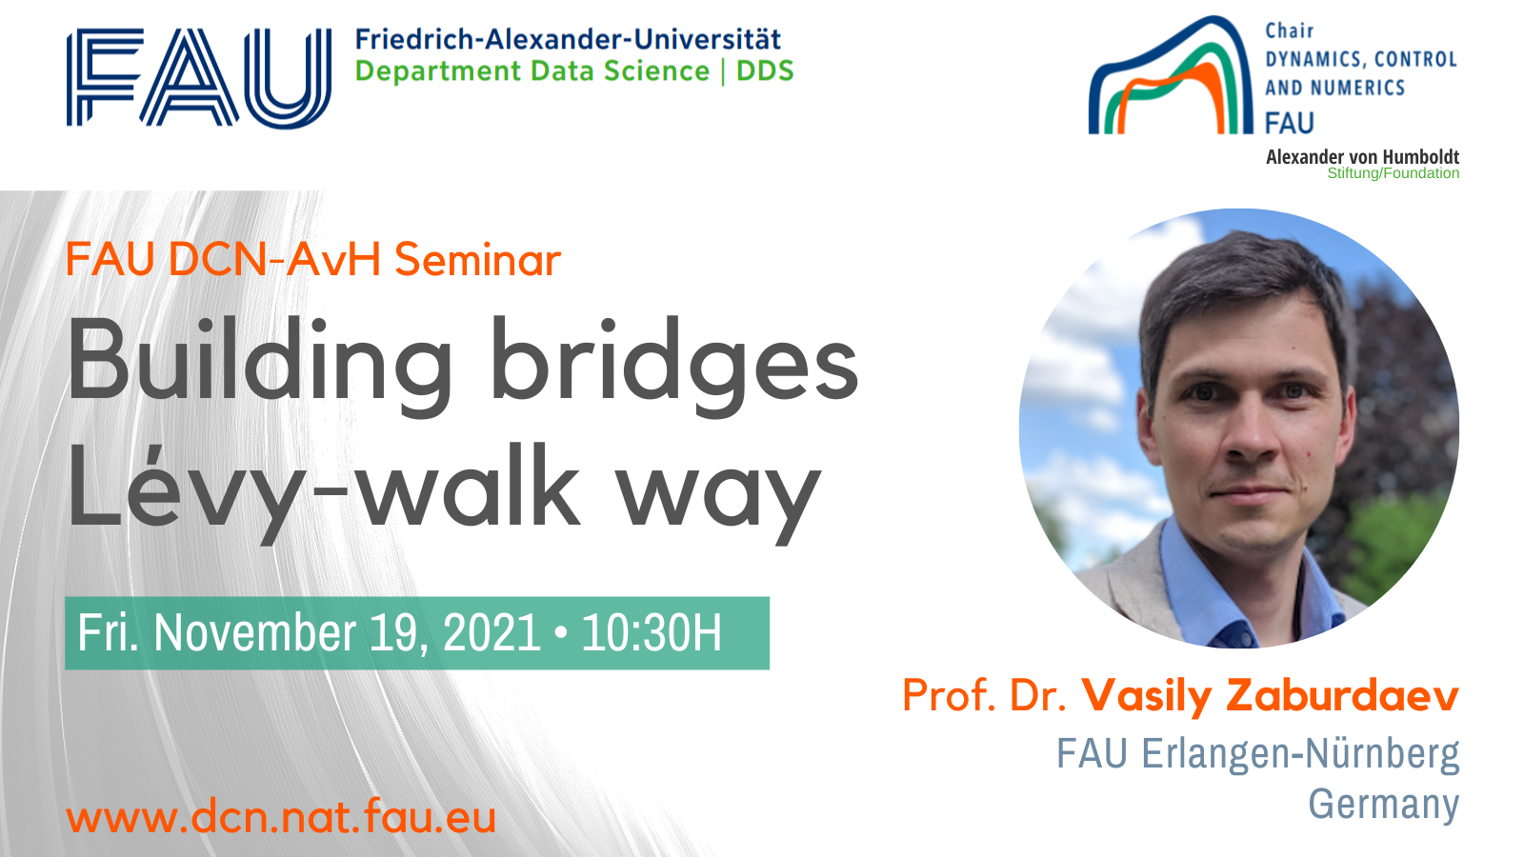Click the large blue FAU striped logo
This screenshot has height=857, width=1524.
(x=199, y=77)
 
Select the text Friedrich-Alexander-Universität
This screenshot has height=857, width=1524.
(x=568, y=39)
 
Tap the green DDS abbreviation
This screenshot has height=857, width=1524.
(x=766, y=70)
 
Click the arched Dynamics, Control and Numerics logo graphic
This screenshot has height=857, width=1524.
(x=1171, y=75)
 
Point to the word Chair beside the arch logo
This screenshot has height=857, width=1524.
(x=1290, y=30)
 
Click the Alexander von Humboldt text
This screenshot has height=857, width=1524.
(x=1362, y=157)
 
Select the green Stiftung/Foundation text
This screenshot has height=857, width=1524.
(x=1393, y=173)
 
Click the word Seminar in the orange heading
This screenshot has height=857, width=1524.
(x=477, y=260)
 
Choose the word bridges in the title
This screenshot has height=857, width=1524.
(x=674, y=365)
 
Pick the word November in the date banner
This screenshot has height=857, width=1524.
(x=255, y=633)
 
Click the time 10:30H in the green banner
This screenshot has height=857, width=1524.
(x=652, y=633)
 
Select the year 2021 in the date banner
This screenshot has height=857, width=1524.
(x=491, y=633)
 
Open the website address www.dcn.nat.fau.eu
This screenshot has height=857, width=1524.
(x=281, y=817)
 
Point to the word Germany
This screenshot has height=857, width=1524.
(x=1384, y=804)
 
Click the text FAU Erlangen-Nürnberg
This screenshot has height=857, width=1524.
(x=1258, y=753)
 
